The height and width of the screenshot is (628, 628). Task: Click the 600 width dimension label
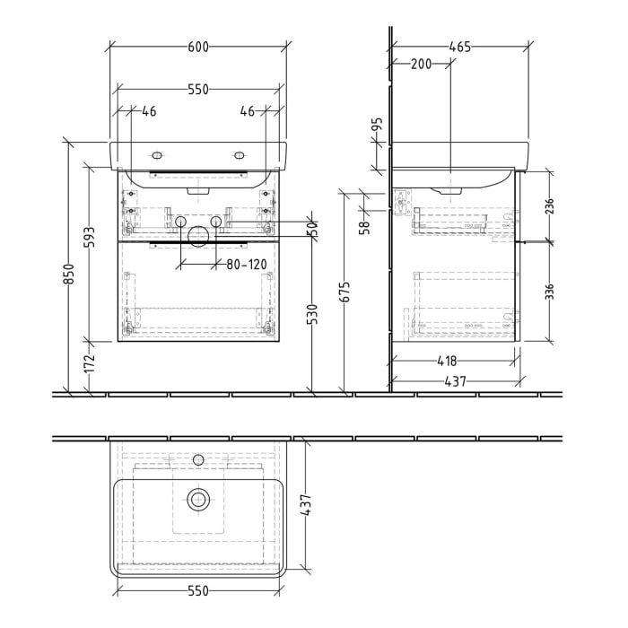[x=197, y=48]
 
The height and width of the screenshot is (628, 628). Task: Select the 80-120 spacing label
[x=246, y=264]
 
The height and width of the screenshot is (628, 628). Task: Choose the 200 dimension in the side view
[x=421, y=64]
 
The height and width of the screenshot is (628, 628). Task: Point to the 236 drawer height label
[x=550, y=207]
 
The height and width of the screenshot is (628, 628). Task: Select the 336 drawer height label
[x=550, y=293]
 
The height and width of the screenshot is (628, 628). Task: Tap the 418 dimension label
[x=447, y=362]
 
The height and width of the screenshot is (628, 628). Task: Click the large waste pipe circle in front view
[x=197, y=235]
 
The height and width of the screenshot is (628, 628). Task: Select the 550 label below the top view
[x=197, y=590]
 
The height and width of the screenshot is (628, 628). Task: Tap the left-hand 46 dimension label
[x=149, y=111]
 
